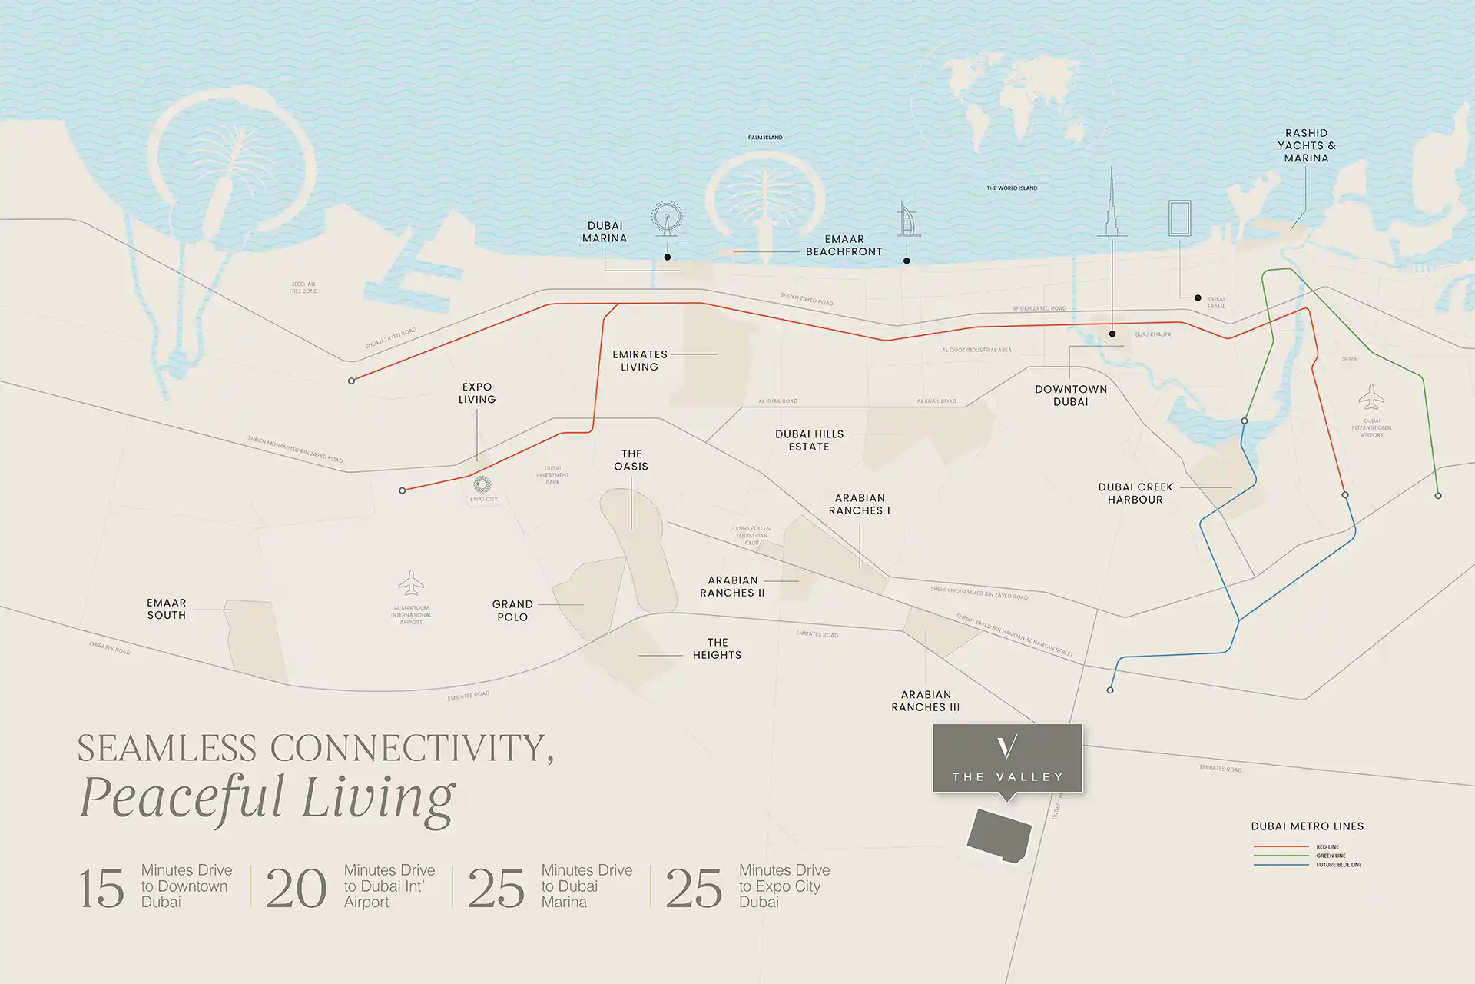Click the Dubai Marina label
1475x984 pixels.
(605, 232)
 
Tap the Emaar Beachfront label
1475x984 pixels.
(844, 245)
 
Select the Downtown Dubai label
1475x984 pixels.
(1071, 395)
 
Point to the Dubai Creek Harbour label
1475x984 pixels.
(1135, 494)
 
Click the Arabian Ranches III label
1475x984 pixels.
(926, 701)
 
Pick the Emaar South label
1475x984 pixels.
(167, 609)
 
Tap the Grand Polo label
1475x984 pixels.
(512, 610)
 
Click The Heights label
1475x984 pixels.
(717, 649)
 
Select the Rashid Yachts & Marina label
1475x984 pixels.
(1306, 145)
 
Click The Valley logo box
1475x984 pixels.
(1007, 758)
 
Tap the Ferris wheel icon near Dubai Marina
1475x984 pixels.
(667, 218)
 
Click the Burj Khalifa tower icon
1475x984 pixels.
(1112, 204)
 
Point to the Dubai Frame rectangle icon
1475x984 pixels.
(1179, 218)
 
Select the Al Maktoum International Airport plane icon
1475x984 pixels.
(411, 583)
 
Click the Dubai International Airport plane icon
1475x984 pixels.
(1371, 397)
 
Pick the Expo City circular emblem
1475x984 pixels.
(482, 484)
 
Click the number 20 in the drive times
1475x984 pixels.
(297, 889)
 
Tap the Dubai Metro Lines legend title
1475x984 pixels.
(1307, 826)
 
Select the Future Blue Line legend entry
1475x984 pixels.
(1338, 865)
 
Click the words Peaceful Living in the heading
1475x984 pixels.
(268, 797)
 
